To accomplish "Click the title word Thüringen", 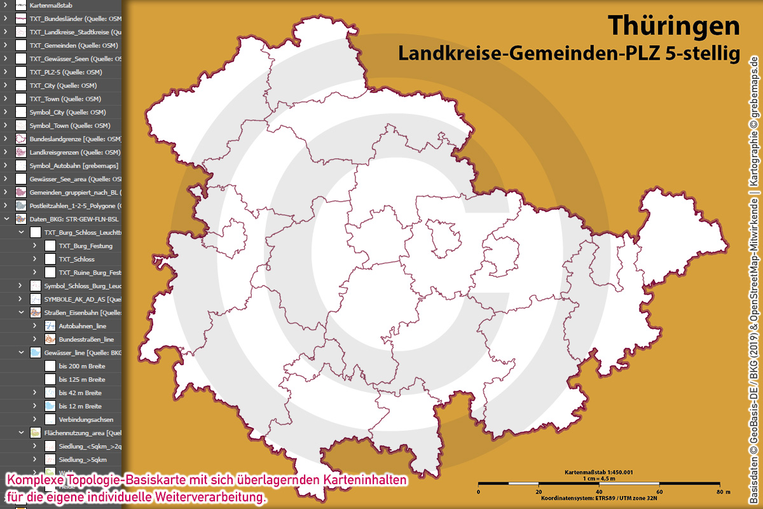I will pyautogui.click(x=675, y=26).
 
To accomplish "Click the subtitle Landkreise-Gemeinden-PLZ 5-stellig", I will pyautogui.click(x=569, y=53).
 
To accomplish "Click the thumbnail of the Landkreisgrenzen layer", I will pyautogui.click(x=21, y=152).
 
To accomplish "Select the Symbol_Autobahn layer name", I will pyautogui.click(x=74, y=165).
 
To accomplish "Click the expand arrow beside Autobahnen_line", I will pyautogui.click(x=35, y=326).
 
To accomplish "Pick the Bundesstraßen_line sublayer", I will pyautogui.click(x=86, y=339).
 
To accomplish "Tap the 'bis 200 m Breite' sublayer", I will pyautogui.click(x=82, y=366).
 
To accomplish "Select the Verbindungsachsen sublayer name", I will pyautogui.click(x=86, y=419).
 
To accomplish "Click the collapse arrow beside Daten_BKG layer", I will pyautogui.click(x=6, y=219).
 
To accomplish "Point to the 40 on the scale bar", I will pyautogui.click(x=599, y=492).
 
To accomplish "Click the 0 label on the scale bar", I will pyautogui.click(x=478, y=492).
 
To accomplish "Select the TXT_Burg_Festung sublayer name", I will pyautogui.click(x=85, y=246).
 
